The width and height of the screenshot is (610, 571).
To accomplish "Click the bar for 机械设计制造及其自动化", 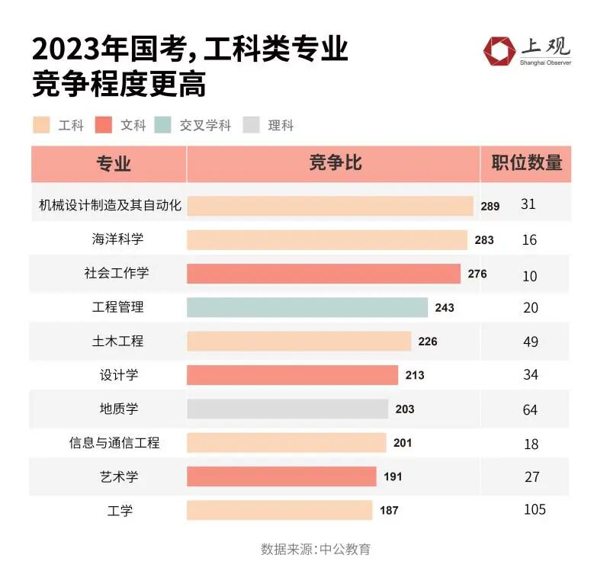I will (330, 206).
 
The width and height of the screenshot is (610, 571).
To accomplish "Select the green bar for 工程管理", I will (307, 307).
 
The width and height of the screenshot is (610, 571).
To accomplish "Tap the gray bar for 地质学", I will (287, 409).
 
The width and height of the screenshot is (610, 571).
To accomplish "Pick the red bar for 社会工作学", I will (323, 274).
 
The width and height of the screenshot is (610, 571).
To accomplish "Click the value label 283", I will (484, 240).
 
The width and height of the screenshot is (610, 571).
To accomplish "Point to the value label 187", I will (389, 510).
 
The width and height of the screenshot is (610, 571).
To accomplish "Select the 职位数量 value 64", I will (530, 409).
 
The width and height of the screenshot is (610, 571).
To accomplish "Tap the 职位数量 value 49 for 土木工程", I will (530, 342).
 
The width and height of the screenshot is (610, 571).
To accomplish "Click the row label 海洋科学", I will (117, 239).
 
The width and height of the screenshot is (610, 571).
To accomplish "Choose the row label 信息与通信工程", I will (114, 442).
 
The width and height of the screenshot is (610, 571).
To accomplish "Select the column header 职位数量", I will (526, 163).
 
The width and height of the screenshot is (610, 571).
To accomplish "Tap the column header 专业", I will (114, 164).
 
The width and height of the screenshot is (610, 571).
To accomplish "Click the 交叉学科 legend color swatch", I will (162, 125).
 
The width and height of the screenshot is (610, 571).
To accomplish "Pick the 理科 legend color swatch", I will (251, 125).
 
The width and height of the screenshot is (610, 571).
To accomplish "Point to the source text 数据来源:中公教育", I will (316, 549).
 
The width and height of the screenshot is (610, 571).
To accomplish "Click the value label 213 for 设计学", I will (415, 375).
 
